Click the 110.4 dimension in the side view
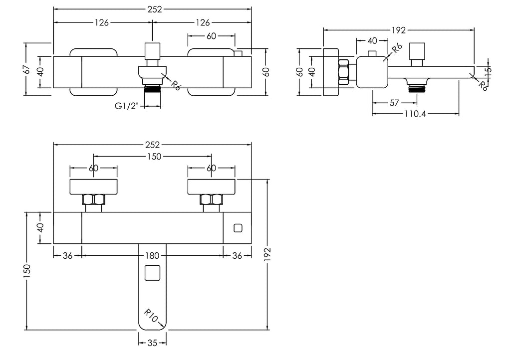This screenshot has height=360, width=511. [x=415, y=114]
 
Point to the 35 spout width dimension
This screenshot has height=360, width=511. [x=153, y=343]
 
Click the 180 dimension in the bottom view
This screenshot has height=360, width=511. [x=153, y=255]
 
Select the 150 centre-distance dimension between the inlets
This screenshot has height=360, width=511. [x=153, y=157]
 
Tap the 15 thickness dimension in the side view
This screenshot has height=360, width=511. [x=488, y=71]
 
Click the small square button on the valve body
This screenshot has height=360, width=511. [x=238, y=228]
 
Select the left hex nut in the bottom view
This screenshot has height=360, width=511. [x=93, y=200]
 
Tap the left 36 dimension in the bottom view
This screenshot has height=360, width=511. [x=68, y=255]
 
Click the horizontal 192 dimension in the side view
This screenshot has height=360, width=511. [x=399, y=29]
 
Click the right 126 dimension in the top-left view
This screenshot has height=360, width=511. [x=202, y=22]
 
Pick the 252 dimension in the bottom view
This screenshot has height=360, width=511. [x=153, y=145]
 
